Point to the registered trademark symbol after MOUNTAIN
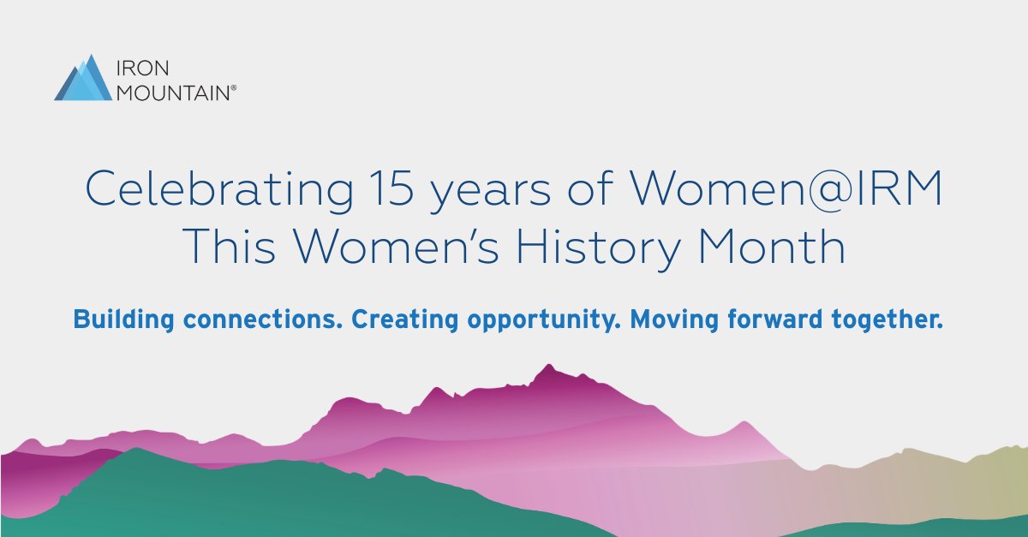point(234,86)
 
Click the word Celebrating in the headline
point(214,191)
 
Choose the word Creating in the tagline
point(403,320)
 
